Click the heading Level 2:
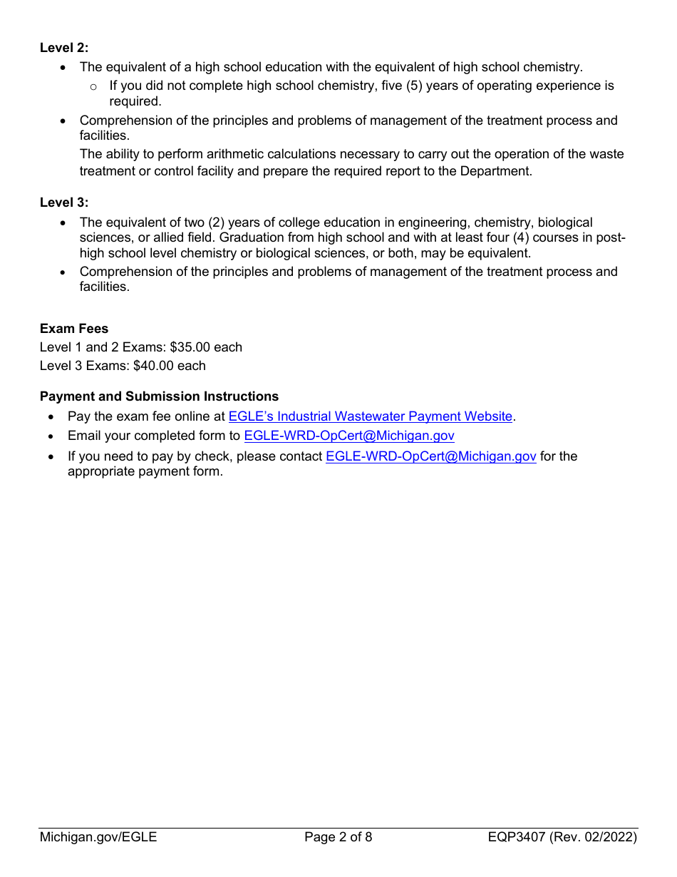pyautogui.click(x=64, y=48)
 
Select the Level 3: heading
pyautogui.click(x=64, y=202)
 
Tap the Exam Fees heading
pyautogui.click(x=74, y=329)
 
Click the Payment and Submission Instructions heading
pyautogui.click(x=159, y=396)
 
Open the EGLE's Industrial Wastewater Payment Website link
pyautogui.click(x=370, y=416)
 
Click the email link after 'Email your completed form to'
pyautogui.click(x=348, y=436)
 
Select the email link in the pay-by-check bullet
pyautogui.click(x=430, y=456)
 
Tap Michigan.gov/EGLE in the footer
pyautogui.click(x=98, y=837)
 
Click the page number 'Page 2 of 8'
pyautogui.click(x=338, y=837)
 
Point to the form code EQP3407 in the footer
pyautogui.click(x=517, y=837)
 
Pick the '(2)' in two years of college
pyautogui.click(x=220, y=222)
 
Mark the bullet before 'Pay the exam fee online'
pyautogui.click(x=52, y=417)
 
